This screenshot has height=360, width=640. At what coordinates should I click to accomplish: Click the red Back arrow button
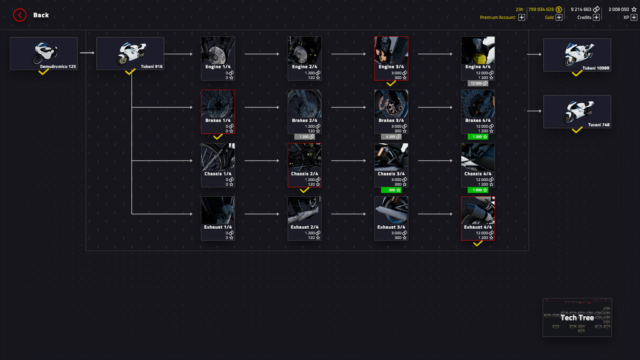point(20,15)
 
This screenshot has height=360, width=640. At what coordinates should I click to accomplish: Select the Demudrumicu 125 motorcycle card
point(44,53)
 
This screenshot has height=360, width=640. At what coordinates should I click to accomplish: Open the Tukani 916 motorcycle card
point(130,53)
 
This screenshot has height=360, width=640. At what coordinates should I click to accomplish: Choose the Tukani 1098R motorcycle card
point(577,55)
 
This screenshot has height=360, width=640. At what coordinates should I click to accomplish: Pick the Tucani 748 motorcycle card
point(577,111)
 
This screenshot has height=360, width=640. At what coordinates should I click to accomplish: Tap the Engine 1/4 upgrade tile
point(217,58)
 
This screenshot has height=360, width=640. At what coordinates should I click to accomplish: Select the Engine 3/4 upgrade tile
point(391,58)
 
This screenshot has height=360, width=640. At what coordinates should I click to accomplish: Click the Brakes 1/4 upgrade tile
point(217,111)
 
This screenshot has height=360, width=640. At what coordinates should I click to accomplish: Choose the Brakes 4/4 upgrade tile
point(477,111)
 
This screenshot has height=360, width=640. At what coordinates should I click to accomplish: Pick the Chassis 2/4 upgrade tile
point(304,165)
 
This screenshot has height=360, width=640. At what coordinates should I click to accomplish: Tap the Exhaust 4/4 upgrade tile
point(477,218)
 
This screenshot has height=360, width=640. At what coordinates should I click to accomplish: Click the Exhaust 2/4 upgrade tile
point(304,218)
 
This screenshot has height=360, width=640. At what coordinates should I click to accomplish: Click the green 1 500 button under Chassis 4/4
point(477,190)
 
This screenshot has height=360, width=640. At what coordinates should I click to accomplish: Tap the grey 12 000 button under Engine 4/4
point(477,83)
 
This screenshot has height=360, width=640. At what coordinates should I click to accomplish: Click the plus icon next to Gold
point(559,17)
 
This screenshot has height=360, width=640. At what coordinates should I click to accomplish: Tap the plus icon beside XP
point(634,17)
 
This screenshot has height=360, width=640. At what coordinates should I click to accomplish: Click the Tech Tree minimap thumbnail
point(577,317)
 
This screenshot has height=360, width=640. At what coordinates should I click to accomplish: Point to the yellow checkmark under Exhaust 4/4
point(477,244)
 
